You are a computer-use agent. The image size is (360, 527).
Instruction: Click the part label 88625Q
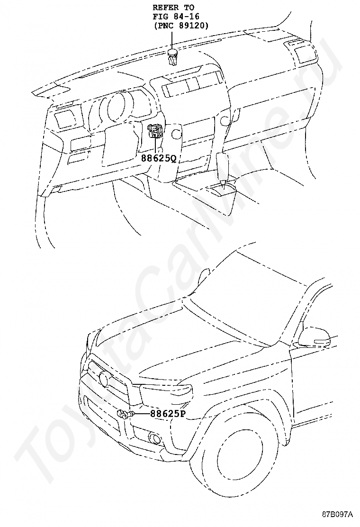[x=158, y=158]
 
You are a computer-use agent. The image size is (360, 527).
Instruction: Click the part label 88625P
[x=168, y=413]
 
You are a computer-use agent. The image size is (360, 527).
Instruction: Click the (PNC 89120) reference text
[x=180, y=26]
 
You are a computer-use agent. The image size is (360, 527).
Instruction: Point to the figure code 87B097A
[x=338, y=514]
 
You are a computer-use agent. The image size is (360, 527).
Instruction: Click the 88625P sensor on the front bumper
[x=125, y=414]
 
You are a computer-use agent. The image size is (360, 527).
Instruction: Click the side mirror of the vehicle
[x=313, y=336]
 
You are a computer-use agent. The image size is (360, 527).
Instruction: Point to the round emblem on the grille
[x=105, y=378]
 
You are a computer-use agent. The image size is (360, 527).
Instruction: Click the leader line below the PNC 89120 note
[x=173, y=40]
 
